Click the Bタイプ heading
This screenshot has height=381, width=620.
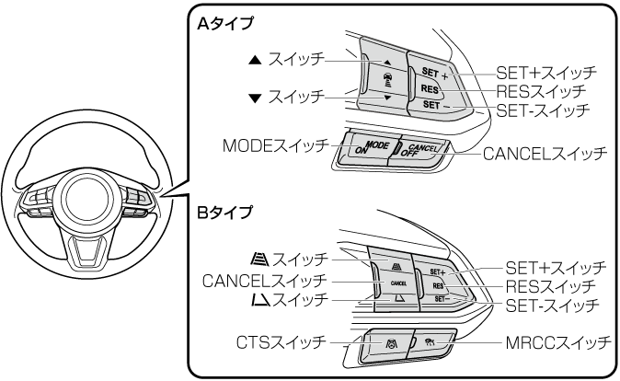coord(224,213)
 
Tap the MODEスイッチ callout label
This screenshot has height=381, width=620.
coord(276,145)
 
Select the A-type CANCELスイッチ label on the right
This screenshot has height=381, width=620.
coord(545,154)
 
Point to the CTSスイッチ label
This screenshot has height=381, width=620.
coord(281,342)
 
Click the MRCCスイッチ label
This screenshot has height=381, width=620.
coord(558,343)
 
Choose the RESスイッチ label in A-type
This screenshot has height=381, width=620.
coord(541,91)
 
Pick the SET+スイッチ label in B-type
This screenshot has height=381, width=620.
coord(556,268)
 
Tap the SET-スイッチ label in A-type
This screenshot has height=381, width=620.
coord(543,110)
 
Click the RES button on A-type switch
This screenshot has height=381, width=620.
coord(429,89)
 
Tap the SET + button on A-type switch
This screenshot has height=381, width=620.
coord(434,73)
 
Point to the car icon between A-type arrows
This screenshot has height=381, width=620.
coord(386,80)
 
